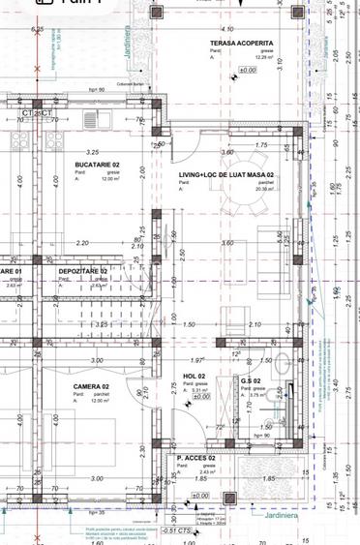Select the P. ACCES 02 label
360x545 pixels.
coord(195,458)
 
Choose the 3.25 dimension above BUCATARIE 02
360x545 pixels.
coord(93,153)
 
